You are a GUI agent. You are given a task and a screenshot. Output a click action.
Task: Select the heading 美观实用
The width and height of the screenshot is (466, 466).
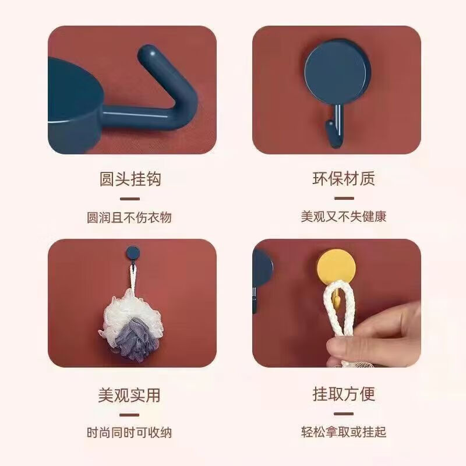129,394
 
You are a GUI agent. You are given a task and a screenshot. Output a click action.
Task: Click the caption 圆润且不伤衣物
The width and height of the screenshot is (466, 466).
129,218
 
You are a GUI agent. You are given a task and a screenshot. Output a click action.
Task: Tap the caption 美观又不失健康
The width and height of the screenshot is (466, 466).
344,217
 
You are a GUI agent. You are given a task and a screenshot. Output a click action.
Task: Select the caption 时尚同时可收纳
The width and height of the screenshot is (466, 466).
129,432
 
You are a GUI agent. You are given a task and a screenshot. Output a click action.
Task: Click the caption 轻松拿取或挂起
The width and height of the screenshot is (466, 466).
344,432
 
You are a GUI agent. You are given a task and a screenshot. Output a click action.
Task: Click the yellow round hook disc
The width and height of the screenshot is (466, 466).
337,270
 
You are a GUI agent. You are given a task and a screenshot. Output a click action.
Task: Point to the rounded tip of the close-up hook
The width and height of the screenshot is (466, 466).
147,57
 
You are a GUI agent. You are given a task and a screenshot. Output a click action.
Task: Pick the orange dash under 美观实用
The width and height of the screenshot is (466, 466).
130,415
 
